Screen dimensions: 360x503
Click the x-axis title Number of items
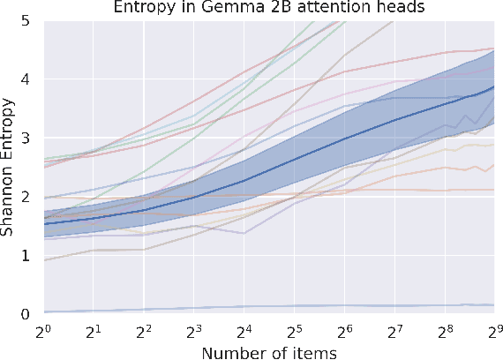pyautogui.click(x=267, y=351)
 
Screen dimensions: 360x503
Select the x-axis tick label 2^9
pyautogui.click(x=492, y=330)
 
